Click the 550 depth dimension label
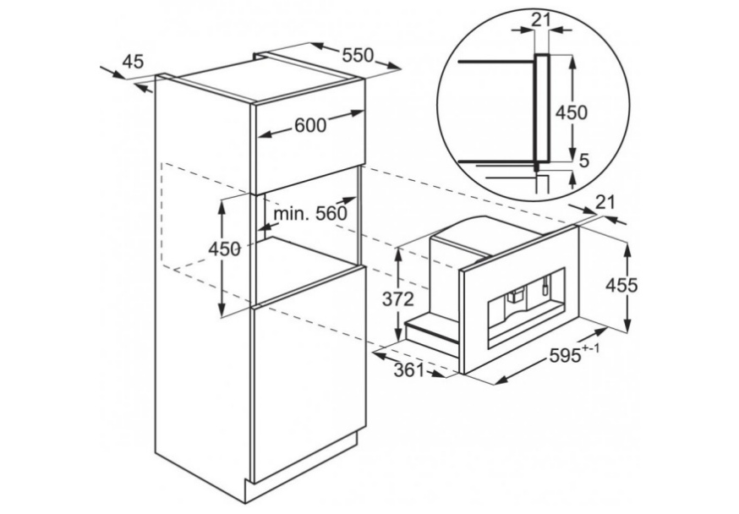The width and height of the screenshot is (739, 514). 358,55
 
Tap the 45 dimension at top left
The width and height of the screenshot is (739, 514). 133,61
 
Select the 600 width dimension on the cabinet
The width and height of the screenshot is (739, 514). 310,125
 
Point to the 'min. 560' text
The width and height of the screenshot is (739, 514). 310,214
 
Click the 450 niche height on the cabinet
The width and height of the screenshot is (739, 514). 224,249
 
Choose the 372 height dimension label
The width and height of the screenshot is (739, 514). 397,299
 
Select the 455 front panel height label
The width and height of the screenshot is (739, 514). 621,285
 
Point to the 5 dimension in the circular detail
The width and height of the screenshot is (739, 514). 583,161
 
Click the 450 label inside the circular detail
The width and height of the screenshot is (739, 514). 572,112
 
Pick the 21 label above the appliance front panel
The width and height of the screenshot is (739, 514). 605,202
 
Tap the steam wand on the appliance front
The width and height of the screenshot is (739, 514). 545,284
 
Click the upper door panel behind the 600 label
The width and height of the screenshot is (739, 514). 309,145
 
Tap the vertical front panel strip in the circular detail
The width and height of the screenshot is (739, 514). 541,108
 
